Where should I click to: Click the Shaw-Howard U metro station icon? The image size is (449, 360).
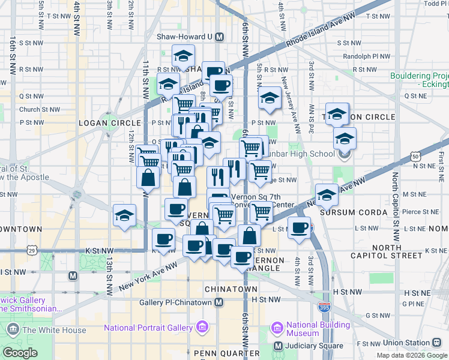pyautogui.click(x=219, y=37)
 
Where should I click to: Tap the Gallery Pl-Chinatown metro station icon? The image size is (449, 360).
pyautogui.click(x=219, y=302)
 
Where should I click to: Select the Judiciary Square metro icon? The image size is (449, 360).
pyautogui.click(x=278, y=346)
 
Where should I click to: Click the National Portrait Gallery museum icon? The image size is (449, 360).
pyautogui.click(x=202, y=328)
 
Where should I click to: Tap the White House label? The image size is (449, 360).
pyautogui.click(x=54, y=330)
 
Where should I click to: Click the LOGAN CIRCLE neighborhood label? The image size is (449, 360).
pyautogui.click(x=109, y=123)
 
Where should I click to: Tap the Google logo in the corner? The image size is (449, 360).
pyautogui.click(x=20, y=352)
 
